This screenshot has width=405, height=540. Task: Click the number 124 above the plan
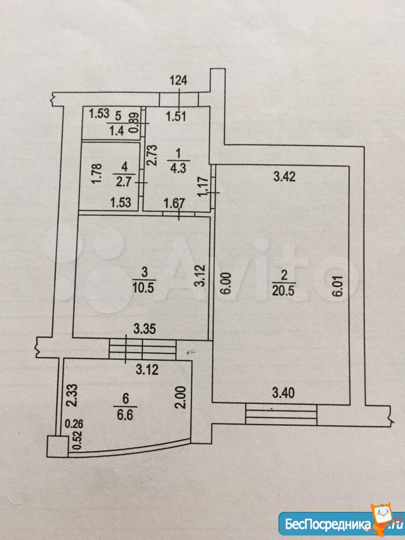point(179,80)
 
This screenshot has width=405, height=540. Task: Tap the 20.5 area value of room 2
point(284,291)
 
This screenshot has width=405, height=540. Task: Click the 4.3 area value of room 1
point(178,169)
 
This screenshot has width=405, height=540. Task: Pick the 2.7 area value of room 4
point(124,182)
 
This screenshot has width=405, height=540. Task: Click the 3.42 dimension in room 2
point(284,177)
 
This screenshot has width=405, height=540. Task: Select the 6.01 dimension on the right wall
point(339,285)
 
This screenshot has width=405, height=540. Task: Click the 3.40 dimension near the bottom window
point(283,393)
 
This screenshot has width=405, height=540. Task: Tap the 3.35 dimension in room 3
point(145,329)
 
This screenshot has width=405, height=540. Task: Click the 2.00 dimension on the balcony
point(182,398)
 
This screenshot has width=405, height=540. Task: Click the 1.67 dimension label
point(174,203)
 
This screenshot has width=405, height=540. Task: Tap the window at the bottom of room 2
point(281,415)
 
